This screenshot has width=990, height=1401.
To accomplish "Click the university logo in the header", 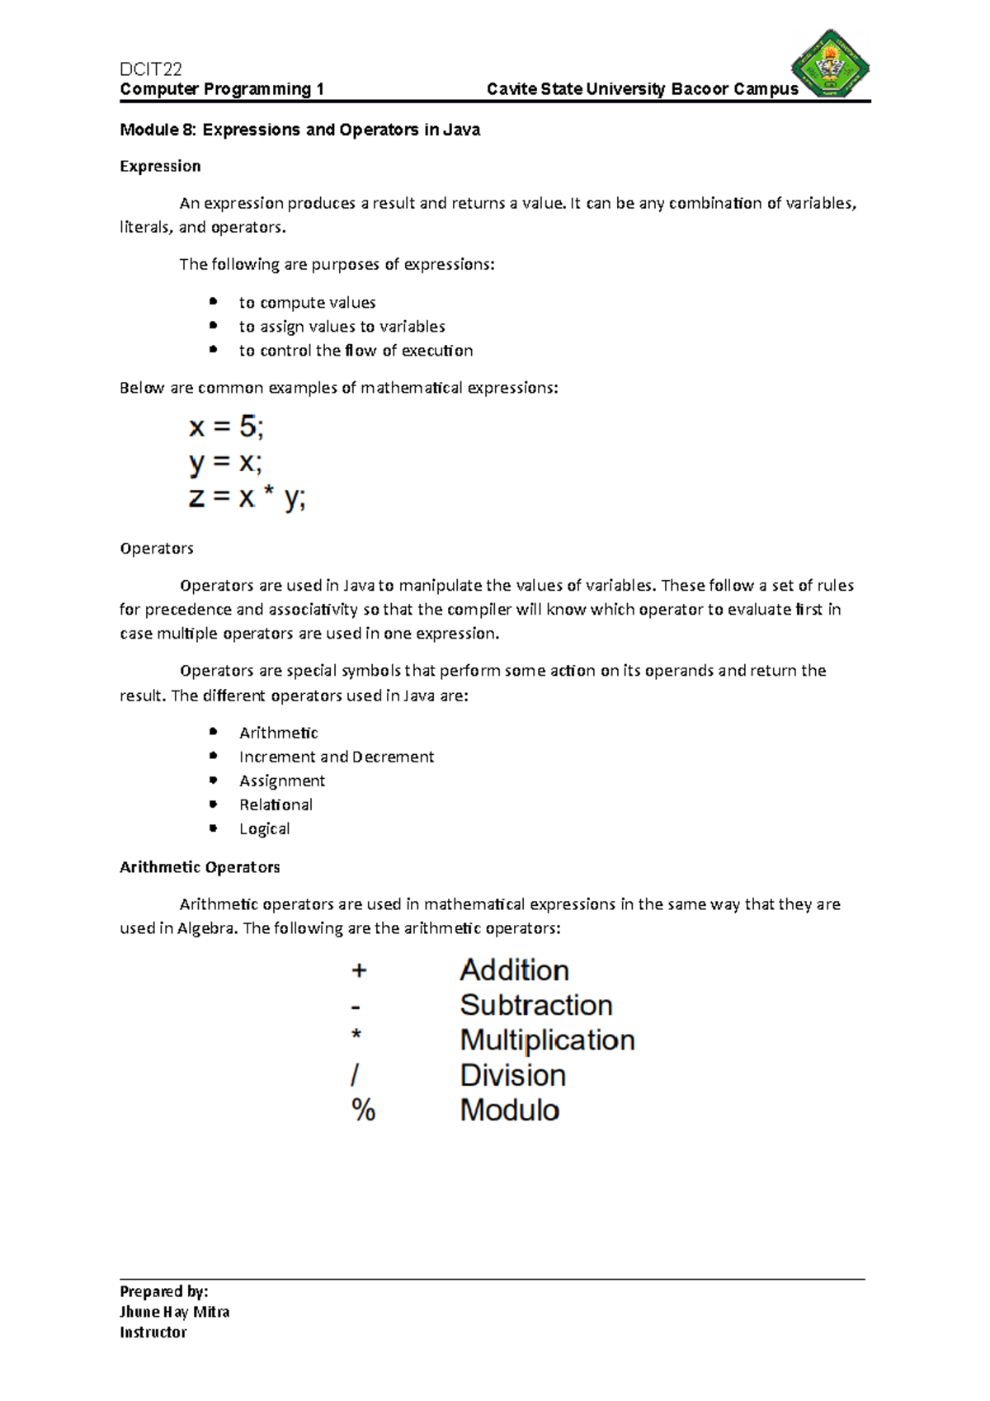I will click(831, 64).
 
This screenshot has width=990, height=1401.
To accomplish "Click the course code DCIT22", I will click(150, 69).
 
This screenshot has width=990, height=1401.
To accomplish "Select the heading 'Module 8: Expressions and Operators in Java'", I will click(299, 130).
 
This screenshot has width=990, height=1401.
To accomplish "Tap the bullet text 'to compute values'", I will click(307, 303).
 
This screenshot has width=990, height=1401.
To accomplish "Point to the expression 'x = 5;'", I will click(227, 427).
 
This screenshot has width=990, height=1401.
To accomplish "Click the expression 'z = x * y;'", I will click(247, 498).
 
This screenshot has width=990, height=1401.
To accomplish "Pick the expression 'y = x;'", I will click(225, 463).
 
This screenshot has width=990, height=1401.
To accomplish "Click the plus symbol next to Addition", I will click(359, 970).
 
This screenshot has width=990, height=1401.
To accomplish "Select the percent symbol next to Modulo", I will click(363, 1110).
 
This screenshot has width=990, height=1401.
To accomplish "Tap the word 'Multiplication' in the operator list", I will click(547, 1040).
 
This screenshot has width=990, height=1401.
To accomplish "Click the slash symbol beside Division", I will click(356, 1075).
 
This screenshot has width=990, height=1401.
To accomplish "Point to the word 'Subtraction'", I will click(535, 1005).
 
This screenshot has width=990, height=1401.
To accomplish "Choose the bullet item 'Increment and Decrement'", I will click(336, 757).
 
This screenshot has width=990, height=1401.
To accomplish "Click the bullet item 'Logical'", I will click(264, 828).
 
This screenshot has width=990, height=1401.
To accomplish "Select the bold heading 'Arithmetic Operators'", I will click(200, 867).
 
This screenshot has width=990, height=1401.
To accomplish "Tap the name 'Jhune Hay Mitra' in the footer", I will click(174, 1312).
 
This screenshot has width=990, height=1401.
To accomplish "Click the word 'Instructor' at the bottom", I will click(153, 1333).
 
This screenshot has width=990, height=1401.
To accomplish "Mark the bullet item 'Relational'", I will click(276, 804).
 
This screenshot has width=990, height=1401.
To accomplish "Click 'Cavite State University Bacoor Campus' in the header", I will click(642, 89).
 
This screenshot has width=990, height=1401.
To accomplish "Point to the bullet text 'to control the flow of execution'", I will click(356, 351).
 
